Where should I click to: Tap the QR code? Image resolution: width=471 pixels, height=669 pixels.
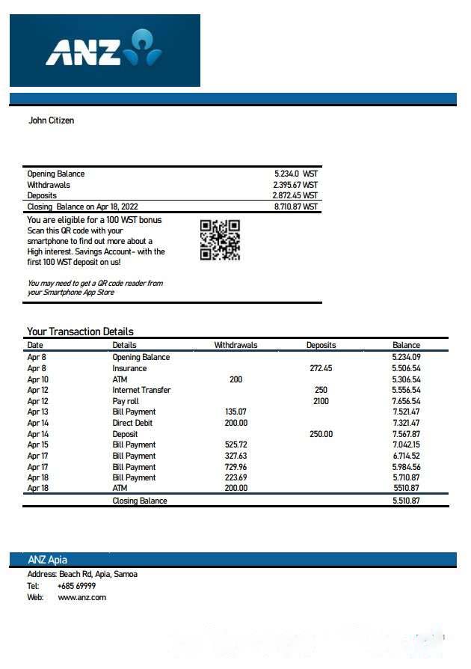coord(220,239)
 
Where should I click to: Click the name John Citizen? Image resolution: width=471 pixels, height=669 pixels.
coord(51,120)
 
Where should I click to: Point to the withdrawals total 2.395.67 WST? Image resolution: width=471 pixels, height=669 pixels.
coord(295,185)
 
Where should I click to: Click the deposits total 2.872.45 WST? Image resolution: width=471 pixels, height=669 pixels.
coord(295,195)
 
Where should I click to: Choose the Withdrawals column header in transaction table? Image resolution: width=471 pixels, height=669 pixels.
coord(235,345)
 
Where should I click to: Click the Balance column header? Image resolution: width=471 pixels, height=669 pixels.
coord(406,345)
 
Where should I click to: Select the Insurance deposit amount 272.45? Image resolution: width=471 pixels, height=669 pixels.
coord(321,368)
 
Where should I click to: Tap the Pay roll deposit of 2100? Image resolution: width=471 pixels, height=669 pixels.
coord(321,401)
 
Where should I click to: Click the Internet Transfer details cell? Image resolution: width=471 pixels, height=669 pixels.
coord(141,390)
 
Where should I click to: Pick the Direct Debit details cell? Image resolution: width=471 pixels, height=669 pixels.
coord(133,423)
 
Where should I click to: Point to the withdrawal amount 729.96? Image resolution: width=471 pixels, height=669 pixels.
coord(235,466)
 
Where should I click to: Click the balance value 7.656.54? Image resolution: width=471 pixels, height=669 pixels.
coord(406,401)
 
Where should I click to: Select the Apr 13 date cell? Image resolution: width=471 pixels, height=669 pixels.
coord(37,412)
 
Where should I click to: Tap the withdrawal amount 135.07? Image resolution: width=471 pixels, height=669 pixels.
coord(235,412)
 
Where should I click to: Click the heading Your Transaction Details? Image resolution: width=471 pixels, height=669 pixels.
coord(80,332)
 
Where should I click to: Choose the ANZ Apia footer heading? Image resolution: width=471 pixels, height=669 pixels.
coord(48,560)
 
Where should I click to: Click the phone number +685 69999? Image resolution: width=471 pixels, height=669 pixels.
coord(76,586)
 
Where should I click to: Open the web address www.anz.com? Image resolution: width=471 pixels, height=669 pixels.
coord(81,597)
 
